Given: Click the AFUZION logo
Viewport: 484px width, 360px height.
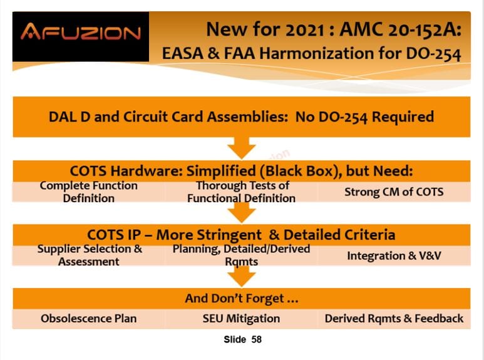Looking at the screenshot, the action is pyautogui.click(x=81, y=32).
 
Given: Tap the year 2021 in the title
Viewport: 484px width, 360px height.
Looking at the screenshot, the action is pyautogui.click(x=305, y=29).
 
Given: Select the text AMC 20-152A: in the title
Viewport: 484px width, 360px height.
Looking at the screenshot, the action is pyautogui.click(x=400, y=29).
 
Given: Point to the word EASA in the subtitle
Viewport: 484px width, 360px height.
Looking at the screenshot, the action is pyautogui.click(x=183, y=53).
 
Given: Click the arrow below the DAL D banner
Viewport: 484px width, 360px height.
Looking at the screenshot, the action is pyautogui.click(x=242, y=148).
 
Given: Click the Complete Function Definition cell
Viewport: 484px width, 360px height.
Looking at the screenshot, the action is pyautogui.click(x=88, y=192).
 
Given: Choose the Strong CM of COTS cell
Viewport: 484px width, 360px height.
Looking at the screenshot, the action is pyautogui.click(x=394, y=192).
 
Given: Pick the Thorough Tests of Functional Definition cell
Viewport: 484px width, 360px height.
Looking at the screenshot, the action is pyautogui.click(x=242, y=192).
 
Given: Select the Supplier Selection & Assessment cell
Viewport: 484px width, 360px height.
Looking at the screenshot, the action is pyautogui.click(x=88, y=255).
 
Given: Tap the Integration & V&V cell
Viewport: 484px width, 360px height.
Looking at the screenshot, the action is pyautogui.click(x=394, y=255).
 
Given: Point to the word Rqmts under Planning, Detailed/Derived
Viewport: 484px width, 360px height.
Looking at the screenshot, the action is pyautogui.click(x=242, y=262).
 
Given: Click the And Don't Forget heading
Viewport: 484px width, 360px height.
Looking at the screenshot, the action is pyautogui.click(x=242, y=299).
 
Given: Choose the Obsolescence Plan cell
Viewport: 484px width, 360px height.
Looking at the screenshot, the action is pyautogui.click(x=88, y=319).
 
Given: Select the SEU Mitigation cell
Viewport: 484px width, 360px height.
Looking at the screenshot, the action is pyautogui.click(x=242, y=319).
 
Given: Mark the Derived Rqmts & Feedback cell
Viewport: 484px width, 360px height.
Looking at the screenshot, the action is pyautogui.click(x=394, y=319).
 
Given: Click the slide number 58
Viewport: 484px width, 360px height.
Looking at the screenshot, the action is pyautogui.click(x=257, y=339).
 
